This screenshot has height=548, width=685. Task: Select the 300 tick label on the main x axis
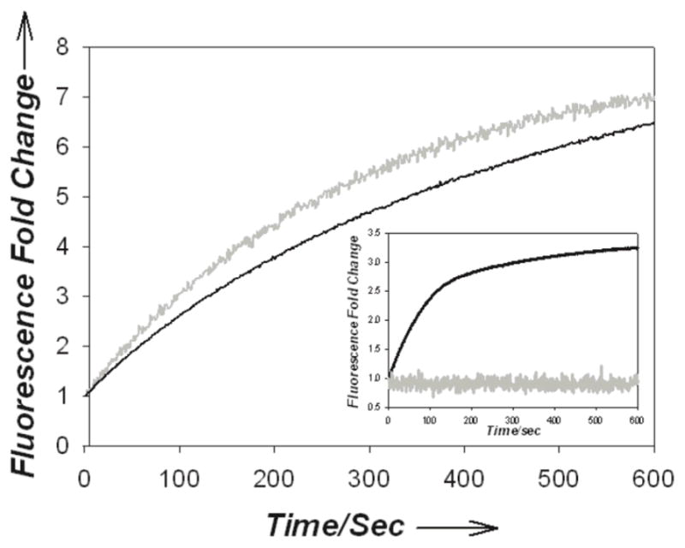[369, 471]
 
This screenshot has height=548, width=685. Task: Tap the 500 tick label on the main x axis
[559, 471]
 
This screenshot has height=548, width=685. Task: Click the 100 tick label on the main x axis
[179, 471]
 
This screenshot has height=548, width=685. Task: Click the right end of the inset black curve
[637, 248]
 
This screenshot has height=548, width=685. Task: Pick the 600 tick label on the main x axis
[652, 471]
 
